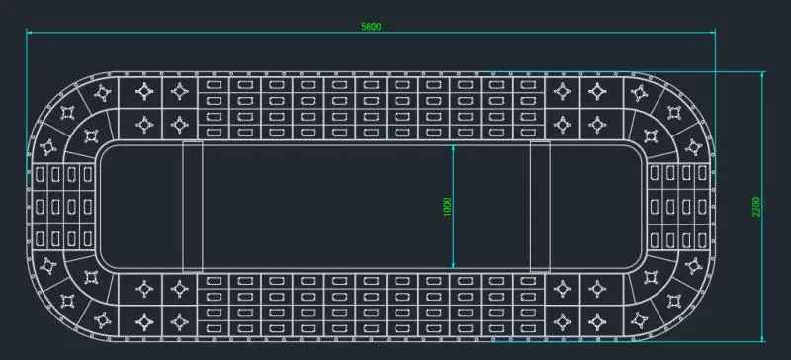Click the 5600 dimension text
371,27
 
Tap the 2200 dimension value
756,207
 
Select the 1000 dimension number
447,207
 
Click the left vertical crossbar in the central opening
193,207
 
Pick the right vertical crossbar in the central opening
540,207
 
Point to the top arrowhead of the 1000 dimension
453,148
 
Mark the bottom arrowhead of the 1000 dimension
453,266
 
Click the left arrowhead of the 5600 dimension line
30,33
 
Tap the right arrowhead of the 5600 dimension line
712,33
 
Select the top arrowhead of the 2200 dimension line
761,75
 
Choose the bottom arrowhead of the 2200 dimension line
761,338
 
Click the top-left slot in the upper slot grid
214,85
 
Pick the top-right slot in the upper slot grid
528,85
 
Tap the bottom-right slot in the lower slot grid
528,328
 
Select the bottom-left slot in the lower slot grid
214,328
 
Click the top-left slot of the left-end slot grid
40,174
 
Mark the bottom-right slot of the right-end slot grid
702,239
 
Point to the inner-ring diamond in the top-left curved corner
91,135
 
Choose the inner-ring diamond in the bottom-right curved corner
651,277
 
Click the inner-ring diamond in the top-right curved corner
651,135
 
